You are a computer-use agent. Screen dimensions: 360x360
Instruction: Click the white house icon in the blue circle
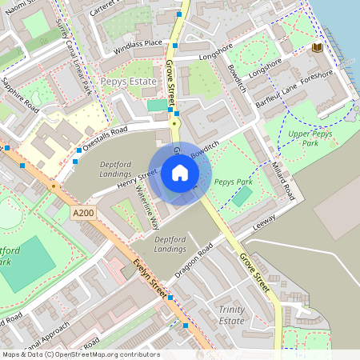click(180, 173)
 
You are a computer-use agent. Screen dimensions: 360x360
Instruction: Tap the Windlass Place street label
click(137, 43)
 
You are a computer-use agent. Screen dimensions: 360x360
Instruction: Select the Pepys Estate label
click(127, 82)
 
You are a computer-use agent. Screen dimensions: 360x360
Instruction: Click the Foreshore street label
click(317, 74)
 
